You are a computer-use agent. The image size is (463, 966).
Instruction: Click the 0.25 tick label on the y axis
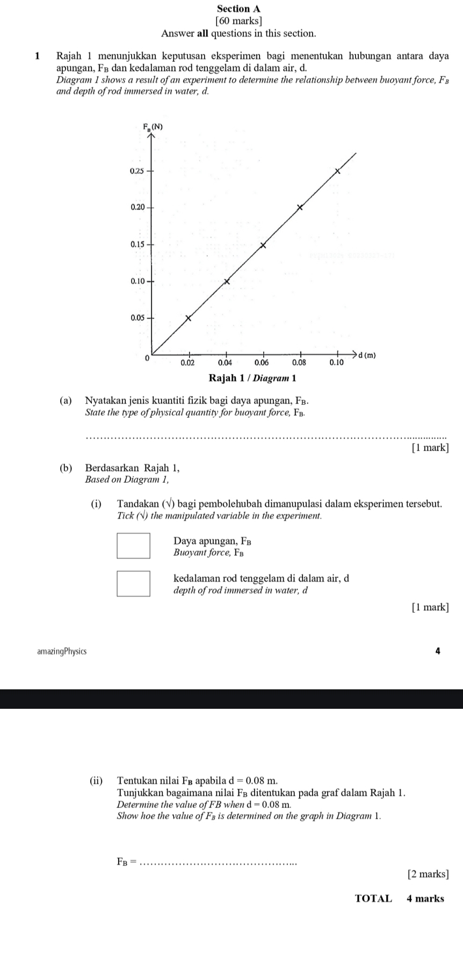136,171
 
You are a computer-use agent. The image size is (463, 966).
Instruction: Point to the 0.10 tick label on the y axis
138,281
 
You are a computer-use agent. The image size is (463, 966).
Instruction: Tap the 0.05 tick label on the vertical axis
138,318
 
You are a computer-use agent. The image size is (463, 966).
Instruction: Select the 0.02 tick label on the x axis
187,363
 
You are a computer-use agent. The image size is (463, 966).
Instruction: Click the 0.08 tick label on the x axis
299,363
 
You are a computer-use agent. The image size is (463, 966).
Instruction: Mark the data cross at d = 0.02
188,318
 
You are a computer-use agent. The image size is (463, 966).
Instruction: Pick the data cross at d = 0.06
263,245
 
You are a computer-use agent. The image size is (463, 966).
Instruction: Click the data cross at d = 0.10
338,171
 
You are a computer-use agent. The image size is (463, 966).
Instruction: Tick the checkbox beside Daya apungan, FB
134,546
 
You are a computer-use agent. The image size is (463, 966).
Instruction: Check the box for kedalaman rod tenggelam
134,584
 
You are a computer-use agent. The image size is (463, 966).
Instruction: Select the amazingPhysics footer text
62,651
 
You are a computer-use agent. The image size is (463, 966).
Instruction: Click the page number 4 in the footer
438,651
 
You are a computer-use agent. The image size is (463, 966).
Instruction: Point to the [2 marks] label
428,874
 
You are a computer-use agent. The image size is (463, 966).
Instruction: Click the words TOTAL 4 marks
400,899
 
